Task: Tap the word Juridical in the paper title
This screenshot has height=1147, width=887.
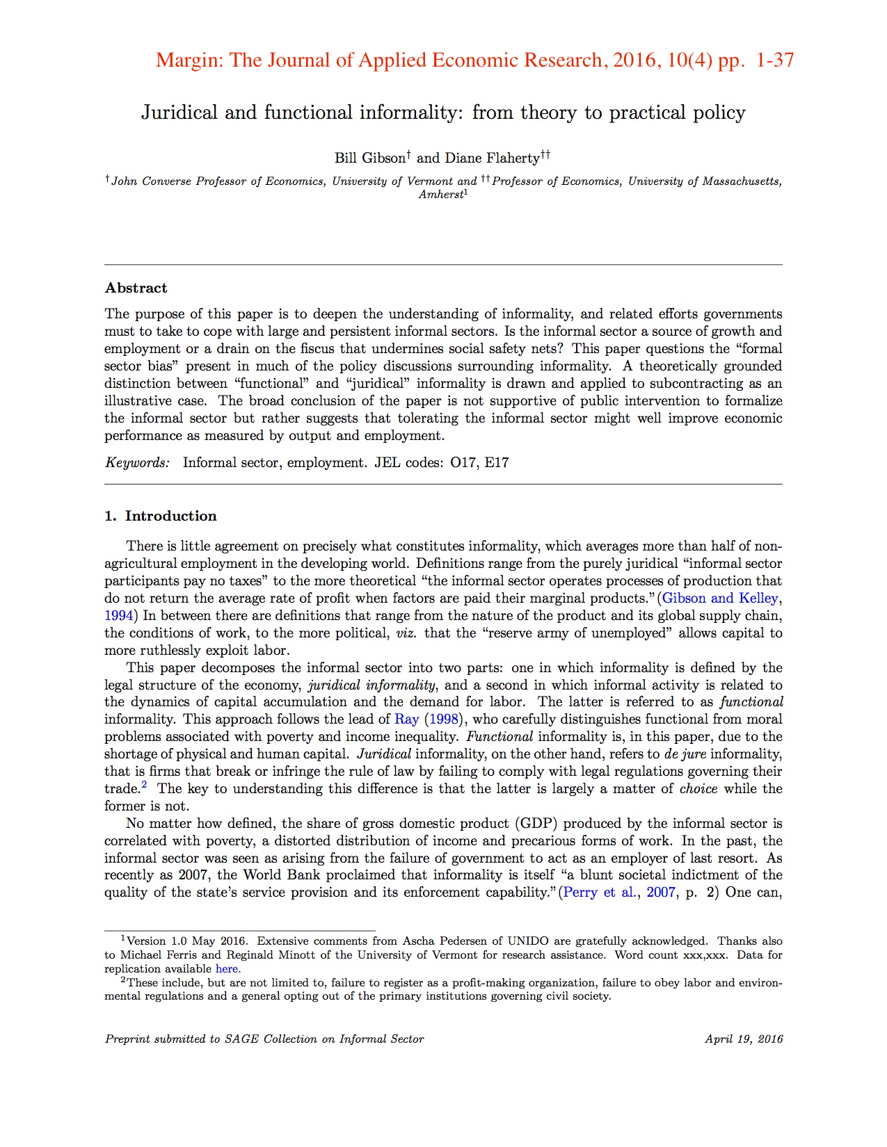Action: click(x=179, y=113)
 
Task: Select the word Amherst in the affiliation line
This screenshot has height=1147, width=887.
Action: click(x=440, y=195)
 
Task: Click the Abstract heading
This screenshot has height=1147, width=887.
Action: click(x=136, y=288)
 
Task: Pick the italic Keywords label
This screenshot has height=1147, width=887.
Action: click(x=137, y=462)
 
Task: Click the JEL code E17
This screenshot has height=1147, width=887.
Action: click(x=497, y=462)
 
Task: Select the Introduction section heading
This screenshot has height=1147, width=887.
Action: click(x=170, y=516)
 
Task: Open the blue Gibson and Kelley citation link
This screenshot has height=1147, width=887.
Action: click(x=720, y=598)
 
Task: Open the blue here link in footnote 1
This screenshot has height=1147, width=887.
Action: click(x=227, y=969)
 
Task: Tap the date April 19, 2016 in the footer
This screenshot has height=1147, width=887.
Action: click(x=744, y=1039)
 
